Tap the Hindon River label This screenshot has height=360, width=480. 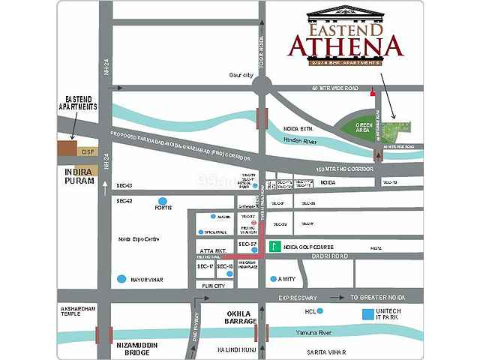(300, 139)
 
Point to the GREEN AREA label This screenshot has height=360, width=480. (365, 127)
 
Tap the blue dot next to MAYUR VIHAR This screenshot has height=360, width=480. (122, 280)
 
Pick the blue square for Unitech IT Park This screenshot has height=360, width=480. (367, 313)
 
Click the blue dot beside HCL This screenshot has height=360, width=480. (320, 310)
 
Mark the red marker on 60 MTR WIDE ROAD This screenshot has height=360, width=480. (371, 93)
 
